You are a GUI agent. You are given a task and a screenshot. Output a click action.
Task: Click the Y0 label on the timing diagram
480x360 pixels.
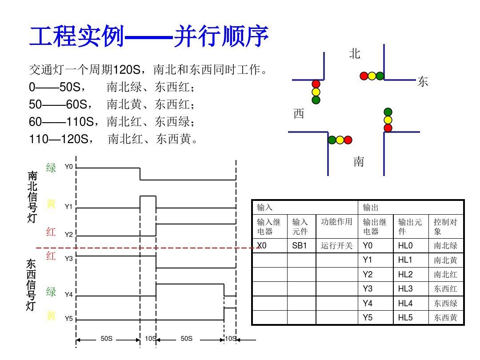(68, 167)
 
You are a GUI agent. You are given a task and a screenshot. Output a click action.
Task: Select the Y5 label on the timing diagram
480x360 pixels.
(68, 319)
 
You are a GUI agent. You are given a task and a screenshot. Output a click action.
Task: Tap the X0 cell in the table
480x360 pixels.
(262, 245)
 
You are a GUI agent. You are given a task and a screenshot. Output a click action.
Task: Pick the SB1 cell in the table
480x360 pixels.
(300, 245)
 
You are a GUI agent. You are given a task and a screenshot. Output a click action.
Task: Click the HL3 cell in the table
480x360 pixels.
(405, 289)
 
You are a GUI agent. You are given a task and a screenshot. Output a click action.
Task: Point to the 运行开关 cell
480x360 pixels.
(336, 245)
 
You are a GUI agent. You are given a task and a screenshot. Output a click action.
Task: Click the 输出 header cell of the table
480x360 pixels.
(371, 208)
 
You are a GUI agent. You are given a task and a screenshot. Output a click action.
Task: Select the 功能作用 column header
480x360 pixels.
(336, 222)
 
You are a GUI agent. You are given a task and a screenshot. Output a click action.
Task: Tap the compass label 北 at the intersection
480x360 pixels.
(354, 54)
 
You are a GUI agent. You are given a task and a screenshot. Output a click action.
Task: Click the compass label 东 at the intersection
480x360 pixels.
(422, 82)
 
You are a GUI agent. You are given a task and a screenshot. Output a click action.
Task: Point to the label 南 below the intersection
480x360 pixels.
(359, 162)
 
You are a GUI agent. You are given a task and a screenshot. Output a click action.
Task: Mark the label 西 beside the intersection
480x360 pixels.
(299, 114)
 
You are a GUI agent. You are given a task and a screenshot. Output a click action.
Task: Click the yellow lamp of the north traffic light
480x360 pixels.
(372, 76)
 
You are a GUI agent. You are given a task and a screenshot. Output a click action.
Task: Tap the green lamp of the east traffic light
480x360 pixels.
(388, 112)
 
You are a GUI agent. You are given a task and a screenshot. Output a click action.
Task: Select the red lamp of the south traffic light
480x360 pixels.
(348, 140)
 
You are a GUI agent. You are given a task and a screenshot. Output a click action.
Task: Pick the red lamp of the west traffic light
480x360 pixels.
(316, 84)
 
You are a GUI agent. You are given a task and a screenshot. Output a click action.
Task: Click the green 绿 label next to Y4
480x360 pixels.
(52, 292)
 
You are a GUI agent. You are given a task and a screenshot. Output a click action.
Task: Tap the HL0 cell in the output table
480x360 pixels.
(405, 245)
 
